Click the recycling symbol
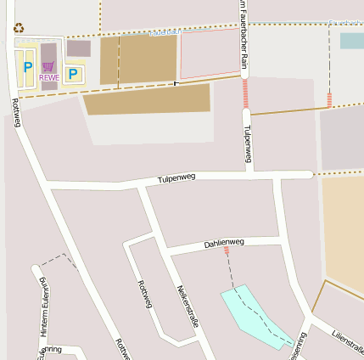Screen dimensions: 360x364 tap(19, 27)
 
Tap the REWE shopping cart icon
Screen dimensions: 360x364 tap(48, 66)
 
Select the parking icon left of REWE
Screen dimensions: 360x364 tap(28, 67)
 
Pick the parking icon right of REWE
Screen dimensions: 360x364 tap(73, 74)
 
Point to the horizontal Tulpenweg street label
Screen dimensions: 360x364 tap(176, 177)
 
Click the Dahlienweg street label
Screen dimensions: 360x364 tap(224, 243)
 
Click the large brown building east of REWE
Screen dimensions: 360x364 tap(138, 59)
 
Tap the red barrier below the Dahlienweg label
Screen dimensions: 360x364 tap(227, 252)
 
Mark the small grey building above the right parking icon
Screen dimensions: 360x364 tap(79, 48)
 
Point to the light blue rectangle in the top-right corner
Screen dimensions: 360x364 tap(351, 40)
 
